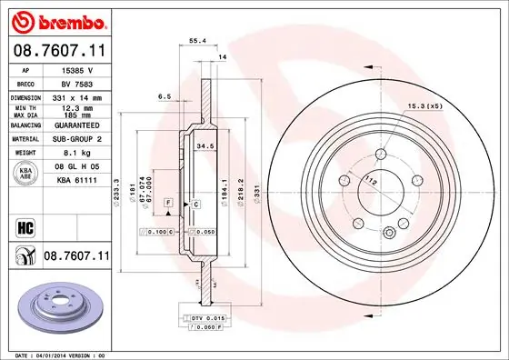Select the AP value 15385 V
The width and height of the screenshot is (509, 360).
tap(76, 70)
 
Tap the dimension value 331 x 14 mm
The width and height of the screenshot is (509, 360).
tap(76, 96)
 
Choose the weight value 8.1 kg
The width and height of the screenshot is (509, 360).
tap(76, 154)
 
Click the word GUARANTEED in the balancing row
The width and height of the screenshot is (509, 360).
tap(76, 125)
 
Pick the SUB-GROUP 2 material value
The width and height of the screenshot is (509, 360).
tap(76, 139)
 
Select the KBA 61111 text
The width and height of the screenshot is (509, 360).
tap(76, 182)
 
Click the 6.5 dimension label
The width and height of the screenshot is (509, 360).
tap(165, 95)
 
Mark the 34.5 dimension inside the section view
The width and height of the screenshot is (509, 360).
tap(205, 145)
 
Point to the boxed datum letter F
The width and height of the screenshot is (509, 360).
tap(168, 201)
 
